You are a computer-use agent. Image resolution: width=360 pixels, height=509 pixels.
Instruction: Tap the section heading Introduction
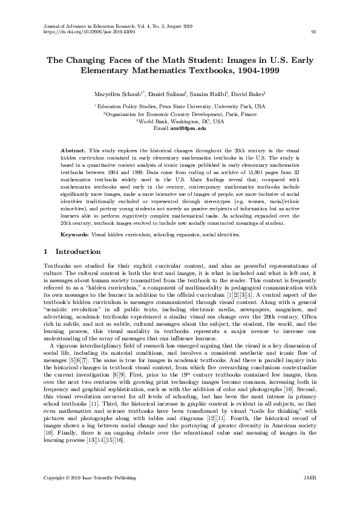(x=77, y=251)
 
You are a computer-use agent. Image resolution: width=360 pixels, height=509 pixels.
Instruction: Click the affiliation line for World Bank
(x=180, y=121)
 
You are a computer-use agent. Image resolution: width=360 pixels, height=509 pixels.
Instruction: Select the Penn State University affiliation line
(x=180, y=106)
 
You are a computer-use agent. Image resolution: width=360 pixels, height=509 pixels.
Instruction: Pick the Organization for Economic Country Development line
(x=180, y=114)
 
